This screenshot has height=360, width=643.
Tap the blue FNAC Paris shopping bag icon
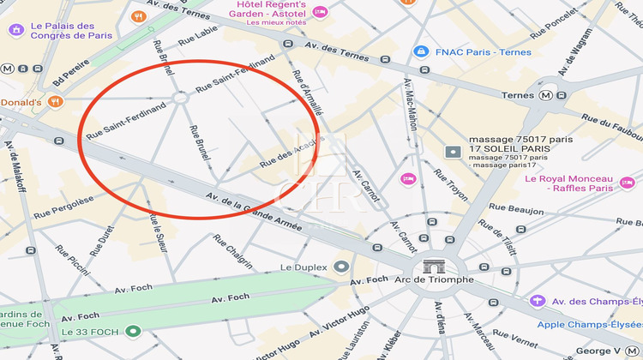420,51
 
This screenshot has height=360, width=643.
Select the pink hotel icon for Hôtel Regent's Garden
320,12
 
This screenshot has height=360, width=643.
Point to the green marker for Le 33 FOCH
132,332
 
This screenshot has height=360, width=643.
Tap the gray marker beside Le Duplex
342,267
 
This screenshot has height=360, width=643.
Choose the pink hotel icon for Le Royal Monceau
628,183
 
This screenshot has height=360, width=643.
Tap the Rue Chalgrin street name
238,252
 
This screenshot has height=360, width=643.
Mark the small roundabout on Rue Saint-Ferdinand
181,99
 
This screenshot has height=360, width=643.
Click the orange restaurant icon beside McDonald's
56,102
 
